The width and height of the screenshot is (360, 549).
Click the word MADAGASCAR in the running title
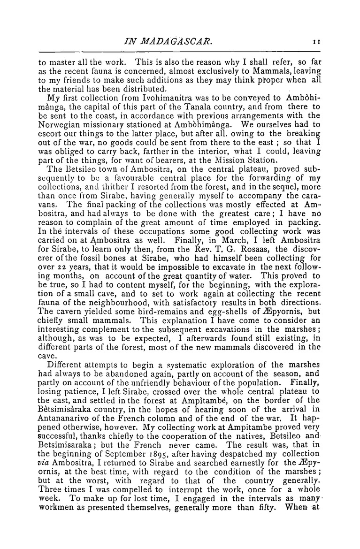coord(167,42)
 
